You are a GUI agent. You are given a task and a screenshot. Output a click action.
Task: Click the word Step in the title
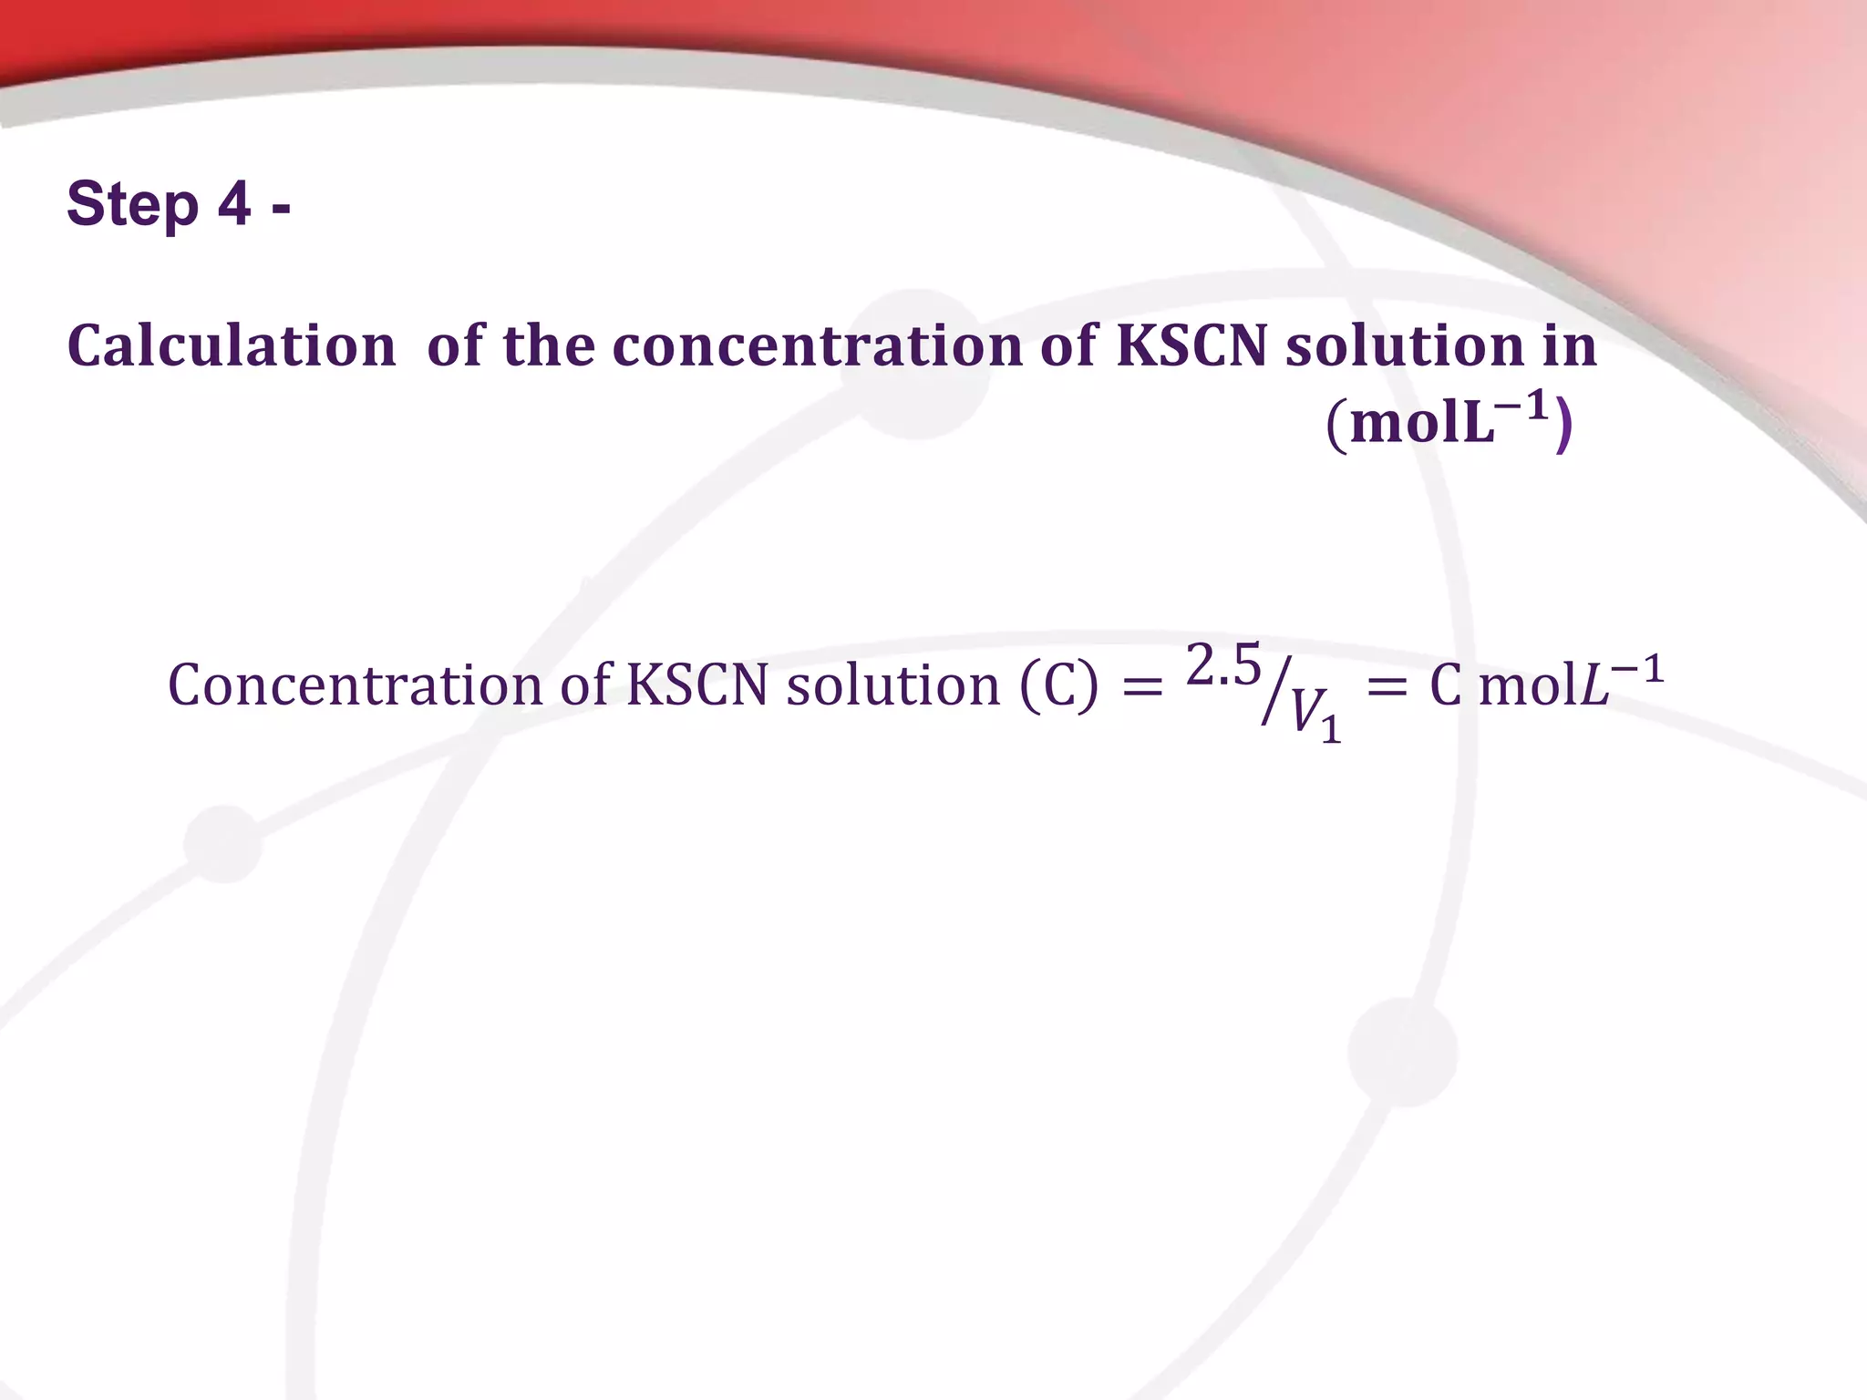[x=132, y=204]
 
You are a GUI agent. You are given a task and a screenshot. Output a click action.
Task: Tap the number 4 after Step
[x=233, y=204]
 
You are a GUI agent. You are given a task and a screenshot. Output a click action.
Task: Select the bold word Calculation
[x=232, y=347]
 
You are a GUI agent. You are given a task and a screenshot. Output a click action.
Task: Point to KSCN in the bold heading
[x=1191, y=347]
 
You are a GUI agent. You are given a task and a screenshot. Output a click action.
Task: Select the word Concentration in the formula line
[x=356, y=685]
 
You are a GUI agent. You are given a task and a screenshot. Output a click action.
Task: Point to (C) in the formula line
[x=1058, y=685]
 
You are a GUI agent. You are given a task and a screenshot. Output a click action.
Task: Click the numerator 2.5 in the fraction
[x=1223, y=665]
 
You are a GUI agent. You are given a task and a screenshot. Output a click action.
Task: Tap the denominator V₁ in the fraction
[x=1315, y=716]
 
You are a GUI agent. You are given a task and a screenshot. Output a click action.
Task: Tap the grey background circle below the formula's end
[x=1402, y=1051]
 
